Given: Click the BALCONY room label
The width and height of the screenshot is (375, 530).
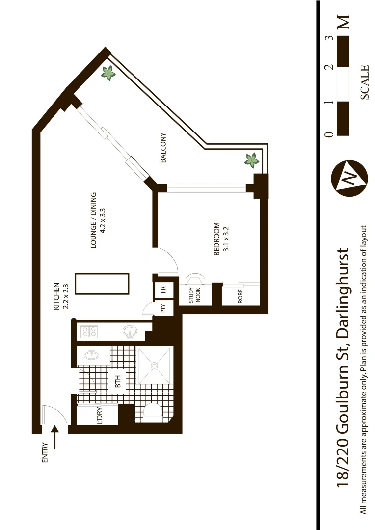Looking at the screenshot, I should tap(163, 148).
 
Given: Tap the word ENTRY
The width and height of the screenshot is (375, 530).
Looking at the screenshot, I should tap(45, 453).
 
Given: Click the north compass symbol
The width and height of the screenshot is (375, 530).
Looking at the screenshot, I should tap(349, 178).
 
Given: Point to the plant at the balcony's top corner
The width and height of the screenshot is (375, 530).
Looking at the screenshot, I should tap(107, 74).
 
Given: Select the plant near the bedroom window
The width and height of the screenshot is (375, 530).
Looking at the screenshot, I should tap(252, 159).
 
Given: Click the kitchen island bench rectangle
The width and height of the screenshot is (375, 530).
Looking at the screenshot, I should tap(102, 285).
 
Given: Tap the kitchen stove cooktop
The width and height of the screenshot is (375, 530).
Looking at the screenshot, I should tap(89, 332).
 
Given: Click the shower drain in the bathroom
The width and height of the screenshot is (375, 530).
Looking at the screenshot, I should tap(154, 366).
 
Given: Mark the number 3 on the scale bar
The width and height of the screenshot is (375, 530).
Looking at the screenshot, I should tap(330, 37).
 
